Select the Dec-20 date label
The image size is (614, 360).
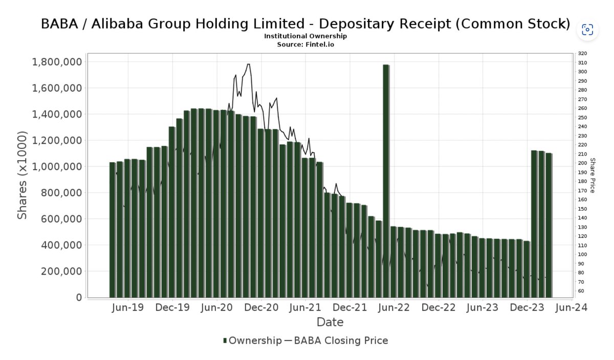261,308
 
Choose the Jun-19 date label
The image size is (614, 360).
128,308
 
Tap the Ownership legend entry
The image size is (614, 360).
252,341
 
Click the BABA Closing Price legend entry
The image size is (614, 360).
336,341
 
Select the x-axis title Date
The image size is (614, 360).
330,322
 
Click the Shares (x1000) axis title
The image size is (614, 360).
22,175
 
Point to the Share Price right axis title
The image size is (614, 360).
593,175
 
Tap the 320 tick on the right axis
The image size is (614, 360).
582,54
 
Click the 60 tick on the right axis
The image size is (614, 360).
581,291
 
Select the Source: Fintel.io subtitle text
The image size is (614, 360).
305,44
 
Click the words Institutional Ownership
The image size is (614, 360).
305,36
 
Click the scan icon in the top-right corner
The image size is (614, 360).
587,29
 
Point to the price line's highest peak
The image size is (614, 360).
248,64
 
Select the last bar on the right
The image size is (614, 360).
549,225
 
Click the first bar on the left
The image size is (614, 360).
112,230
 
